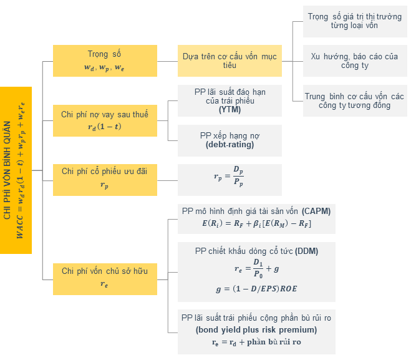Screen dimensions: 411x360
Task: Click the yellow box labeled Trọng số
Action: coord(105,61)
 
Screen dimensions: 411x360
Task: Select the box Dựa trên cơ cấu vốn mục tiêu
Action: coord(230,61)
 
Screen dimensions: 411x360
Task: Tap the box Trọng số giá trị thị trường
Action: coord(355,21)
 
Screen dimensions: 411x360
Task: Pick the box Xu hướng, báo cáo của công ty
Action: coord(355,61)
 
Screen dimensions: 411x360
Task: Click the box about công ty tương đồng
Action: coord(355,100)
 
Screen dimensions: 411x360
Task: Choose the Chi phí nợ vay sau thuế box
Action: coord(105,120)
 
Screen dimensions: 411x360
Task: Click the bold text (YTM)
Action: coord(230,110)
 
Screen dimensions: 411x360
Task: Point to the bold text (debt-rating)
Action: coord(230,145)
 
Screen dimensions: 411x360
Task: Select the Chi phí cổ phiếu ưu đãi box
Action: coord(105,180)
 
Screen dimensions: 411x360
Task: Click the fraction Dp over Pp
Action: coord(238,176)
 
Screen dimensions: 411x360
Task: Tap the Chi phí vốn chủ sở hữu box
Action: coord(105,279)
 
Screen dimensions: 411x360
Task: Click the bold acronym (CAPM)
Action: coord(316,211)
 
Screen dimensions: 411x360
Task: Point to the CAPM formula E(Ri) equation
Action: coord(256,223)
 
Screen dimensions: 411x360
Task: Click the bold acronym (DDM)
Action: coord(306,251)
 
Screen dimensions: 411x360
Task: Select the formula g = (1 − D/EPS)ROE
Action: coord(256,289)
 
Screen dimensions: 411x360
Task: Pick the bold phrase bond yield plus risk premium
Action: coord(256,329)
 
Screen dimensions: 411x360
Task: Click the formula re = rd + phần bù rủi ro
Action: coord(256,342)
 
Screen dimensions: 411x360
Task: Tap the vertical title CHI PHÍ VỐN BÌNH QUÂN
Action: coord(7,170)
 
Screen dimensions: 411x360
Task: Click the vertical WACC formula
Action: coord(21,170)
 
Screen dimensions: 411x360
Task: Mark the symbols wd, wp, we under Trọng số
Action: coord(104,67)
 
